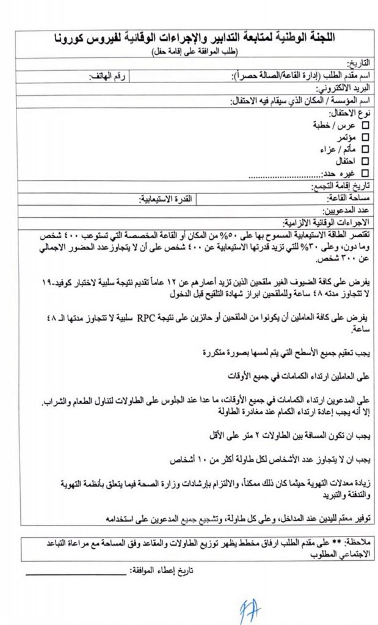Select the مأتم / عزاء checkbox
pyautogui.click(x=366, y=149)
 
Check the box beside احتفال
pyautogui.click(x=366, y=161)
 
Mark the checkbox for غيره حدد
pyautogui.click(x=366, y=173)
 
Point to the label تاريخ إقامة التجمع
pyautogui.click(x=339, y=186)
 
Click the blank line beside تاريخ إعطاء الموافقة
pyautogui.click(x=76, y=573)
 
